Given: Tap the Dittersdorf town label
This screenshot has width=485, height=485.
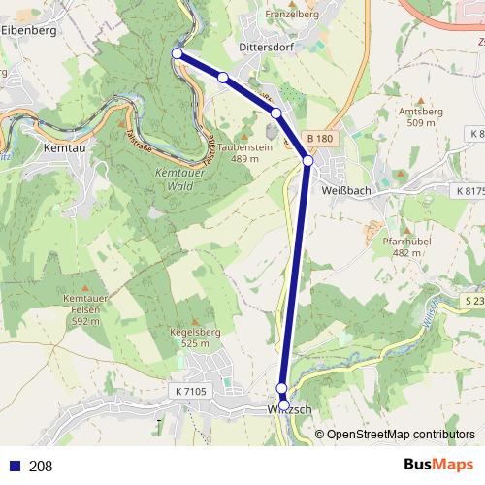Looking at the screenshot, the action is pyautogui.click(x=267, y=46).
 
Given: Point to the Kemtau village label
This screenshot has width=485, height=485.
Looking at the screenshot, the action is pyautogui.click(x=66, y=148).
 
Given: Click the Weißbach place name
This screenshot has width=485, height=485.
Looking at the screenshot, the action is pyautogui.click(x=345, y=191).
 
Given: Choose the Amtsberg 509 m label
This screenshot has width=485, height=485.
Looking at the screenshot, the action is pyautogui.click(x=420, y=117).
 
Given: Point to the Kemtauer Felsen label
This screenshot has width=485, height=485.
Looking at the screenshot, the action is pyautogui.click(x=81, y=307).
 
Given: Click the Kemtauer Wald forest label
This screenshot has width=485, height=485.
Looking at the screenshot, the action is pyautogui.click(x=175, y=178).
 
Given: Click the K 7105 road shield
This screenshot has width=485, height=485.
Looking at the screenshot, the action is pyautogui.click(x=192, y=391).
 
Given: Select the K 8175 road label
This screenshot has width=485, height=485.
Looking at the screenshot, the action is pyautogui.click(x=468, y=192).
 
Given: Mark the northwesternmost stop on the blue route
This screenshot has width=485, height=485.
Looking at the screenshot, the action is pyautogui.click(x=177, y=54).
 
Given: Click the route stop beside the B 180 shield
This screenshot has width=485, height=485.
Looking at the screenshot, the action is pyautogui.click(x=307, y=160).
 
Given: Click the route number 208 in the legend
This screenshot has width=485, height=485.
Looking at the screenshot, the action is pyautogui.click(x=41, y=466).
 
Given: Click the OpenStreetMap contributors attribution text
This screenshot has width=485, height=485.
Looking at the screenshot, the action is pyautogui.click(x=401, y=435).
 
